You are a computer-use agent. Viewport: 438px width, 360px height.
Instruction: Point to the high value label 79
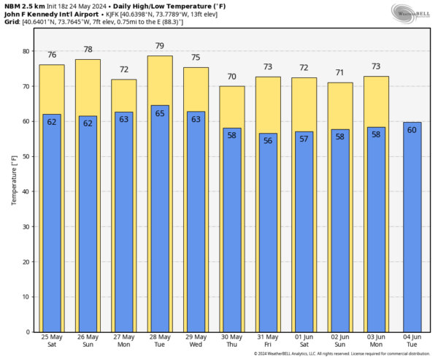point(160,47)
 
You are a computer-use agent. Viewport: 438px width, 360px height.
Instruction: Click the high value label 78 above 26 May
point(88,50)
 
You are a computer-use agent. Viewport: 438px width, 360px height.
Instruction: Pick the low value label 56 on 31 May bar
point(268,141)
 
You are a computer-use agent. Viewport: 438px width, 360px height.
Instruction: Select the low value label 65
point(160,113)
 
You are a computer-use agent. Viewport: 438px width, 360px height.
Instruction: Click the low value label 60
point(412,130)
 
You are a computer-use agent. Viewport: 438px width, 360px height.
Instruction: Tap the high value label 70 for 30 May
point(231,77)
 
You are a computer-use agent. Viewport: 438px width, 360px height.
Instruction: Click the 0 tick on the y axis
point(26,332)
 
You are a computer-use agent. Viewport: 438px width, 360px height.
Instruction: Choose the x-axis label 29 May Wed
point(196,341)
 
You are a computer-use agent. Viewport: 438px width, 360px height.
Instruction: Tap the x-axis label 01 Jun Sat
point(304,341)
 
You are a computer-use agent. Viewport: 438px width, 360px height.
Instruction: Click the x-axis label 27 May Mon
point(123,341)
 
